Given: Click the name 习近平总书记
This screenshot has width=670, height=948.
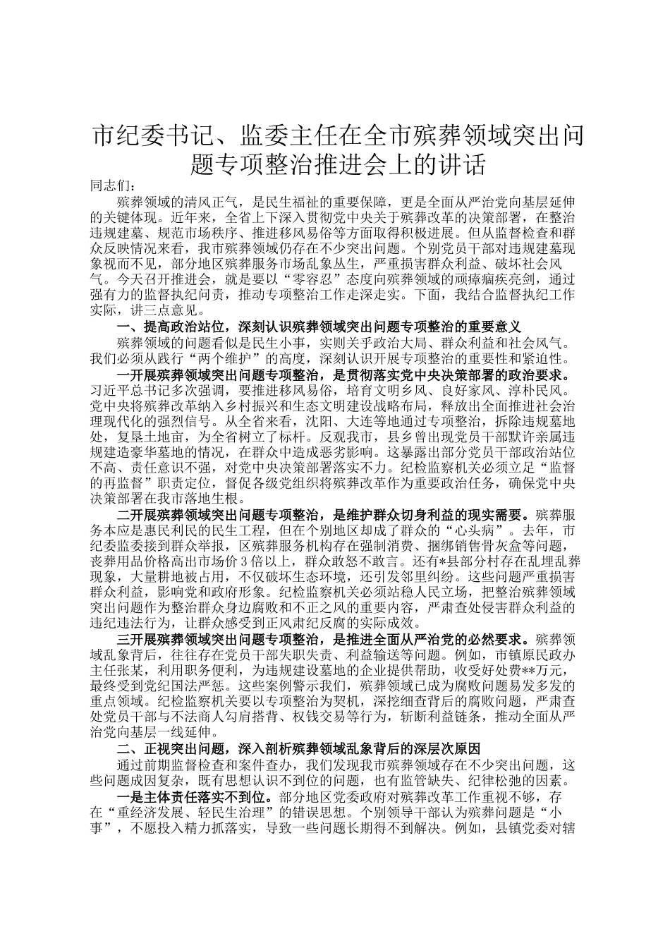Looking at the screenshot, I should tap(128, 389).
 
